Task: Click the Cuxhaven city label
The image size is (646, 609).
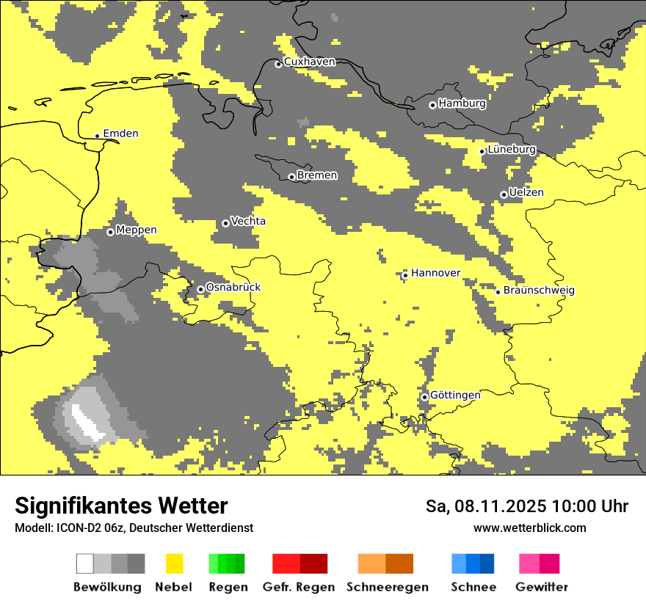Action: click(309, 62)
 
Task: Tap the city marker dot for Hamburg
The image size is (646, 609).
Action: click(432, 105)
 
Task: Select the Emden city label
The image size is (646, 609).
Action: click(120, 134)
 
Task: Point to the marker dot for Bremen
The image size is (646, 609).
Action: click(291, 177)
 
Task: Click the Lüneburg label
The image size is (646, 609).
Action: click(512, 150)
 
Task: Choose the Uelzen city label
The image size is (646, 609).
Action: click(526, 193)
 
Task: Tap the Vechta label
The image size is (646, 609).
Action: click(248, 222)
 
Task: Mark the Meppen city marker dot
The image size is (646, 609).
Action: click(110, 232)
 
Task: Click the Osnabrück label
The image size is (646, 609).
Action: click(233, 288)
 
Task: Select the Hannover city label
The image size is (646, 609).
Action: click(435, 273)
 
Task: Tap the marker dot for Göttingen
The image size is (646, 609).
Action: click(424, 397)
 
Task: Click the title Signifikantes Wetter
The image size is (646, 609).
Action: click(121, 506)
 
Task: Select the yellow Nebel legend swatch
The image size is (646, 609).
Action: click(175, 564)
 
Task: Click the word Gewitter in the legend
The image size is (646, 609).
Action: click(541, 587)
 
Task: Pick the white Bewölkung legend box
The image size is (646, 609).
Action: click(85, 564)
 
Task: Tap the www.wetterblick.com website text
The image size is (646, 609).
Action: click(529, 528)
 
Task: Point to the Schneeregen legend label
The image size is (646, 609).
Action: click(387, 587)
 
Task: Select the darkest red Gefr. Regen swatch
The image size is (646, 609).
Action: click(313, 564)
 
